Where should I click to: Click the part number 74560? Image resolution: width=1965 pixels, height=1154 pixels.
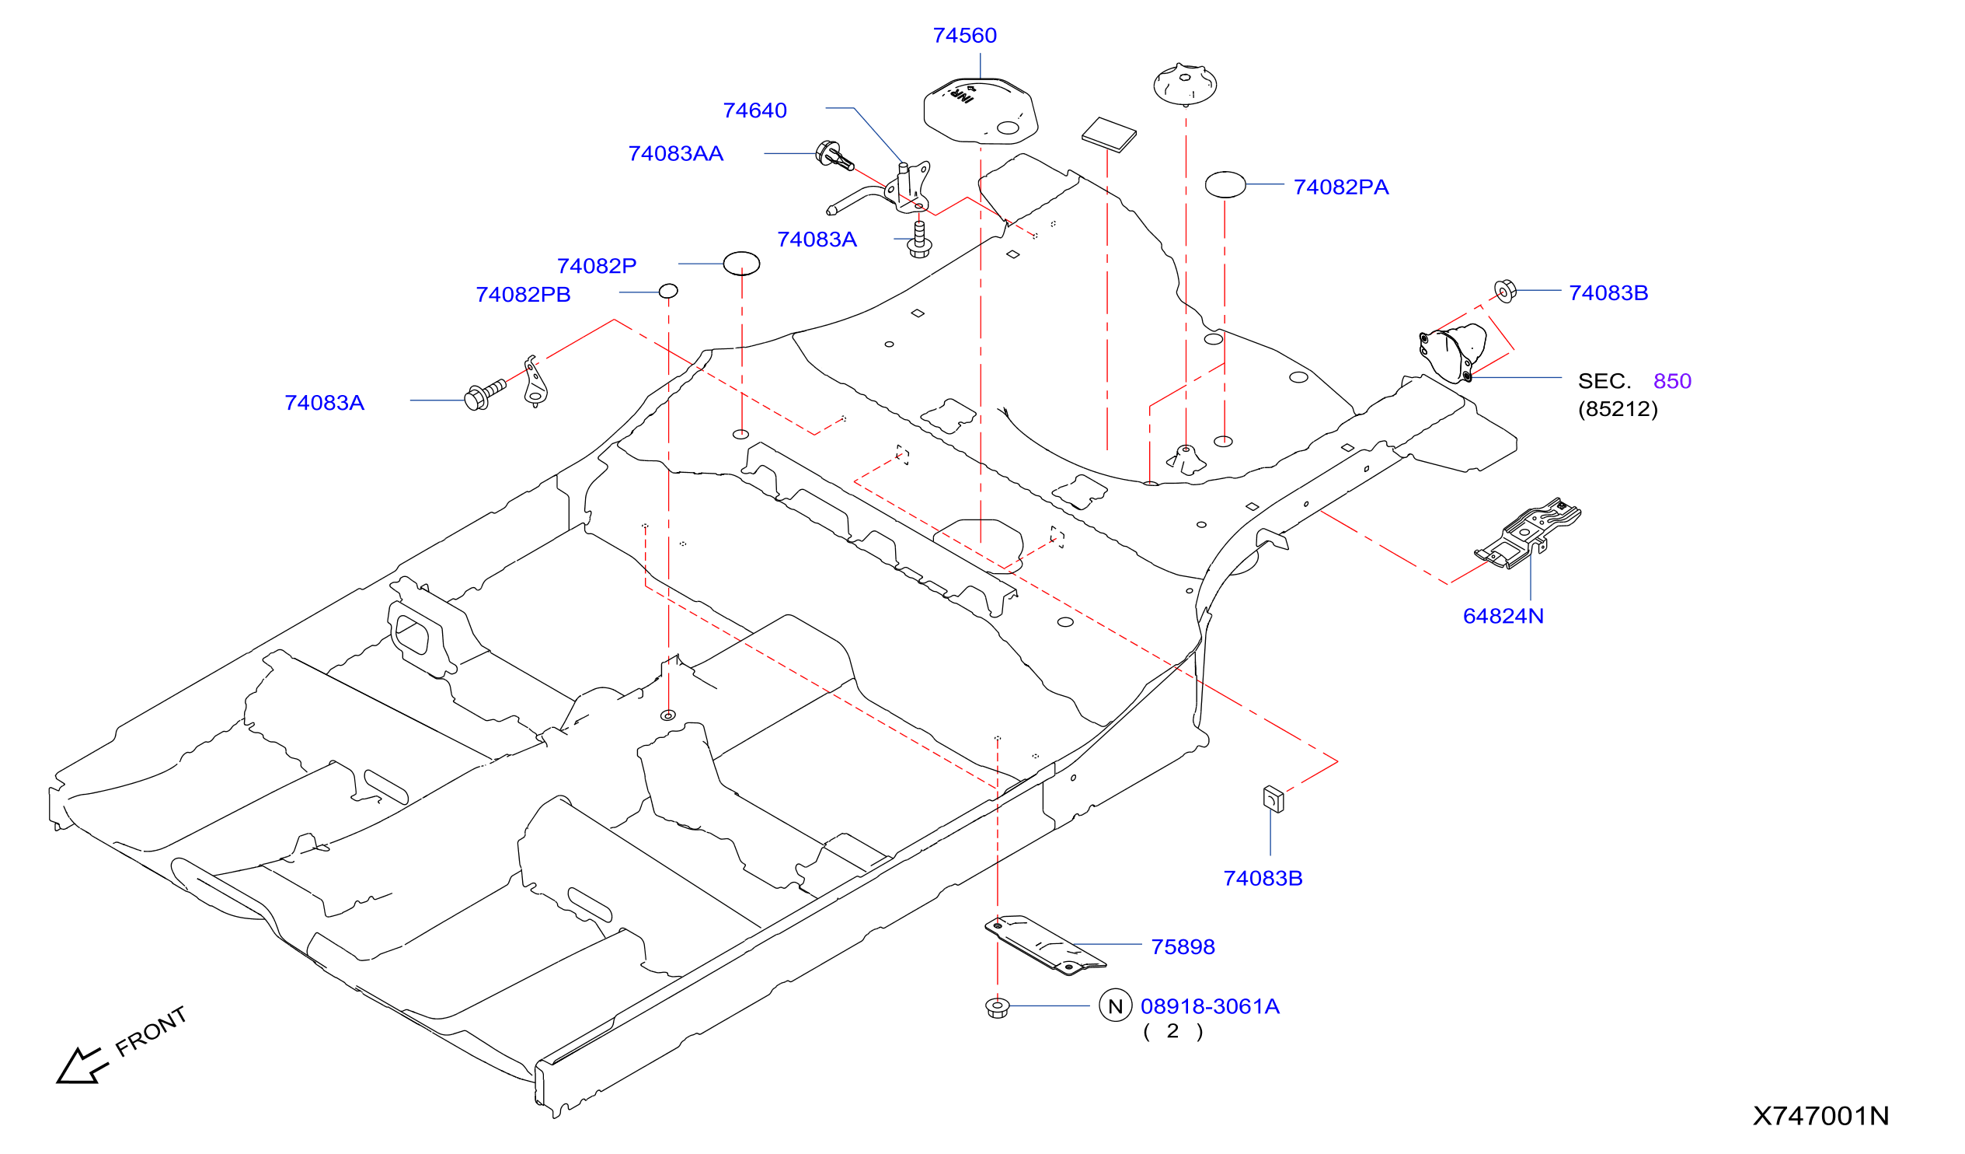(964, 36)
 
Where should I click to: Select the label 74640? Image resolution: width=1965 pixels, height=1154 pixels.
(754, 110)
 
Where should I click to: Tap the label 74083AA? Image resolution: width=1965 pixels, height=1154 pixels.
(675, 154)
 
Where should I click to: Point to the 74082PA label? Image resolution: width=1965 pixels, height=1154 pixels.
(1340, 187)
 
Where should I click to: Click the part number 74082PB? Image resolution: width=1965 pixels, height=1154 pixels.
(522, 295)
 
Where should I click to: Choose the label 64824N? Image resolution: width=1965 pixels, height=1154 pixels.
(1503, 617)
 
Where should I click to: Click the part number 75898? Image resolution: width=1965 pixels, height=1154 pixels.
(1182, 947)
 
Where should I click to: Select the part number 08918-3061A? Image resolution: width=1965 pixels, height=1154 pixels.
(1210, 1006)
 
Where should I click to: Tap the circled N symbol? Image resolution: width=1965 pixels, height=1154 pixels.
(1115, 1005)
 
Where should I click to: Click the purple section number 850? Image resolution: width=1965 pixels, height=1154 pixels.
(1672, 382)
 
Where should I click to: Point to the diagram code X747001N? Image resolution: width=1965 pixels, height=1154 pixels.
(1820, 1117)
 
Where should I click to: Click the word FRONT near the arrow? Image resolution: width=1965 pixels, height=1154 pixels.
(152, 1031)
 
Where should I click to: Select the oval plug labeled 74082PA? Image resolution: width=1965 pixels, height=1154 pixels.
(1225, 185)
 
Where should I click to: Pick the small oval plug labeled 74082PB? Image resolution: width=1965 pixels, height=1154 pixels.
(668, 291)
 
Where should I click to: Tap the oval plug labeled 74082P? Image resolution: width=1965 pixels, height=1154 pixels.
(741, 264)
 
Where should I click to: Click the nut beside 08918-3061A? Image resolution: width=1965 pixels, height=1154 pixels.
(998, 1007)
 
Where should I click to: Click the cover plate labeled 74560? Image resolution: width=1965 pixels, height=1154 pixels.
(980, 110)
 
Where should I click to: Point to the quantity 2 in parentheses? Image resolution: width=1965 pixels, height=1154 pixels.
(1172, 1031)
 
